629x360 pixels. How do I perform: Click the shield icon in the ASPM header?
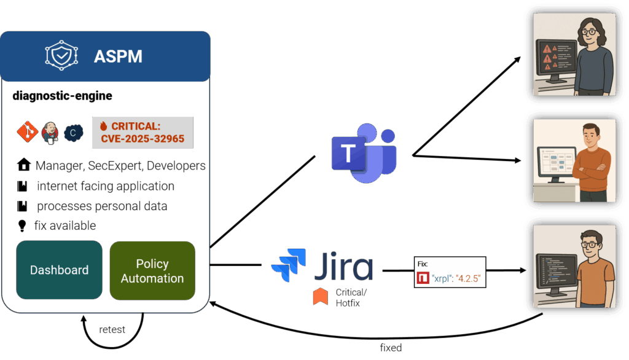[61, 56]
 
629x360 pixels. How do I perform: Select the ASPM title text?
[118, 57]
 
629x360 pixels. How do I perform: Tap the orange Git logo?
[28, 132]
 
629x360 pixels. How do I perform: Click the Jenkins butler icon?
[50, 132]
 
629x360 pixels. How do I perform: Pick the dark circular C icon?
[73, 133]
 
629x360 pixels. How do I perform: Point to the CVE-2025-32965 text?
[143, 139]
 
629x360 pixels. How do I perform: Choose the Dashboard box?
[59, 270]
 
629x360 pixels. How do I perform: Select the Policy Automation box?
[152, 270]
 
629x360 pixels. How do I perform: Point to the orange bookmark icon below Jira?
[320, 296]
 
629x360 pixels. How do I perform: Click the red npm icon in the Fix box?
[423, 279]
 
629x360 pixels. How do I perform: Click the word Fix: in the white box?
[423, 264]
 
